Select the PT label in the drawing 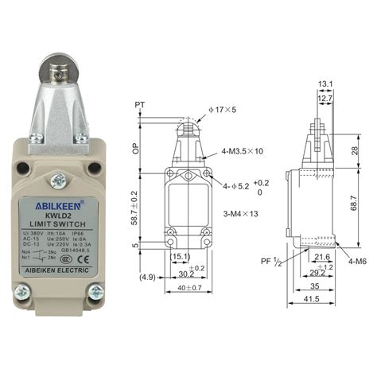[x=140, y=104]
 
